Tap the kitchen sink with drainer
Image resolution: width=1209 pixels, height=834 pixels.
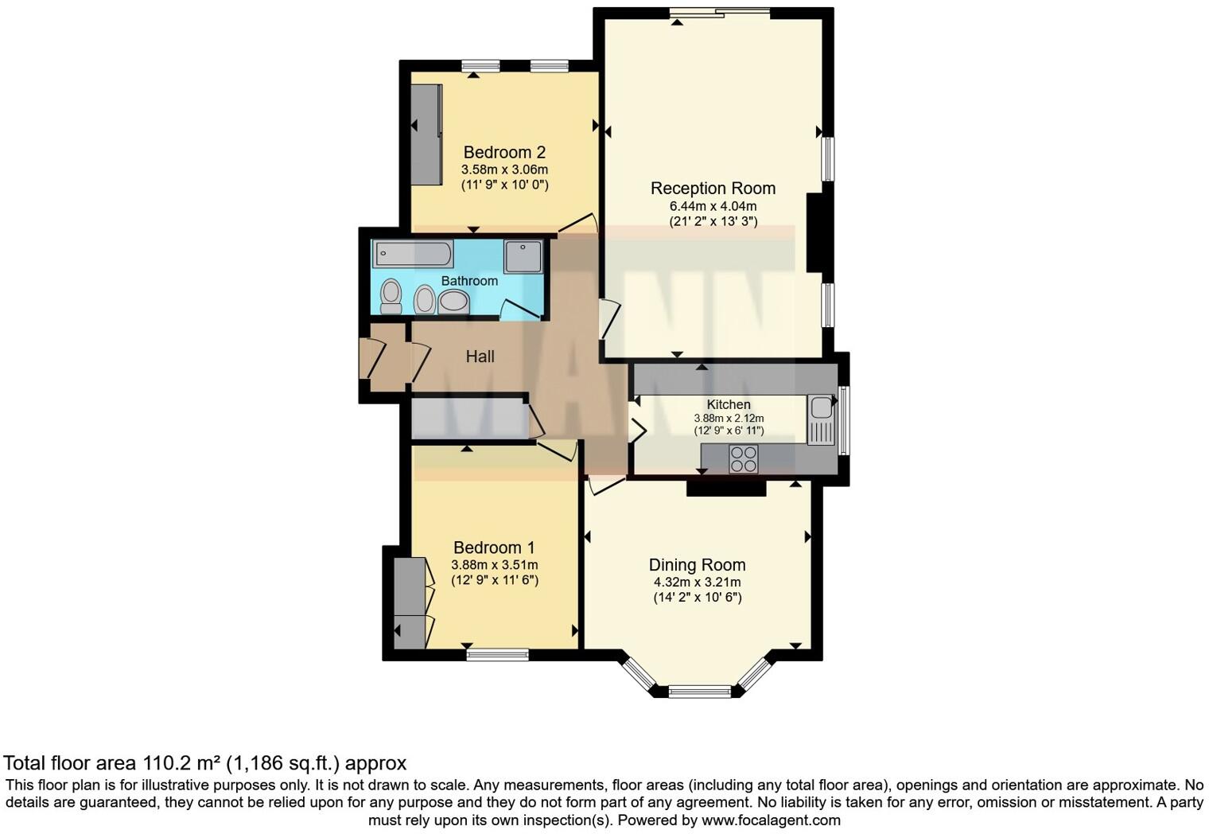point(820,420)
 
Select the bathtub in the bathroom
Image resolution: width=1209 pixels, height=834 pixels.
point(414,255)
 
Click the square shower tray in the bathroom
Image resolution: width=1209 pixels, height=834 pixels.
point(523,256)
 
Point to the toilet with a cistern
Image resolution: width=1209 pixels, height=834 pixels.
point(391,296)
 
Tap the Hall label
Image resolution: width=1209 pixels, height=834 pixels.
point(480,357)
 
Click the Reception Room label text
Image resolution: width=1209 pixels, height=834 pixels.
point(713,189)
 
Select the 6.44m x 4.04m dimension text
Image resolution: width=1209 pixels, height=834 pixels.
point(713,206)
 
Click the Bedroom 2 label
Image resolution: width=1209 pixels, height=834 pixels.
point(504,152)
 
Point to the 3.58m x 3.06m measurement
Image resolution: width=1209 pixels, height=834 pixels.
point(504,170)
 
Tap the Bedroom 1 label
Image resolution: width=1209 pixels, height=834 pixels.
point(494,548)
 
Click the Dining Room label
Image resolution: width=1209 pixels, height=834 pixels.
point(697,565)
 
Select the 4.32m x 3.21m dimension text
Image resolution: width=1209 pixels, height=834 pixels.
point(697,582)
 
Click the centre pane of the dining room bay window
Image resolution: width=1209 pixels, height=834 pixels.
point(699,691)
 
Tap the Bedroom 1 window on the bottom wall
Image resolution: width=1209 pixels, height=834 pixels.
point(497,655)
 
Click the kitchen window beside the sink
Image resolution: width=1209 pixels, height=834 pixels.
point(844,420)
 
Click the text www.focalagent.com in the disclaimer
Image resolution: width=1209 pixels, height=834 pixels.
point(770,820)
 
